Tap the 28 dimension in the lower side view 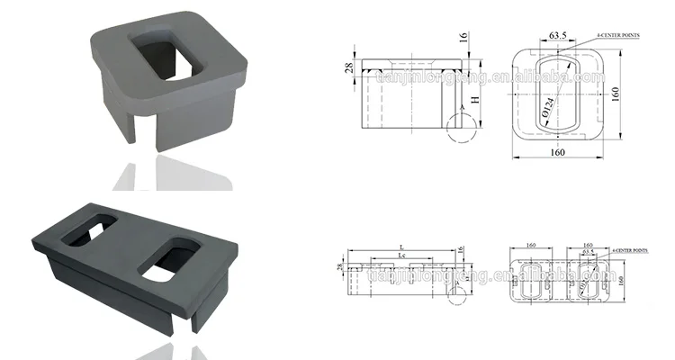tap(341, 268)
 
